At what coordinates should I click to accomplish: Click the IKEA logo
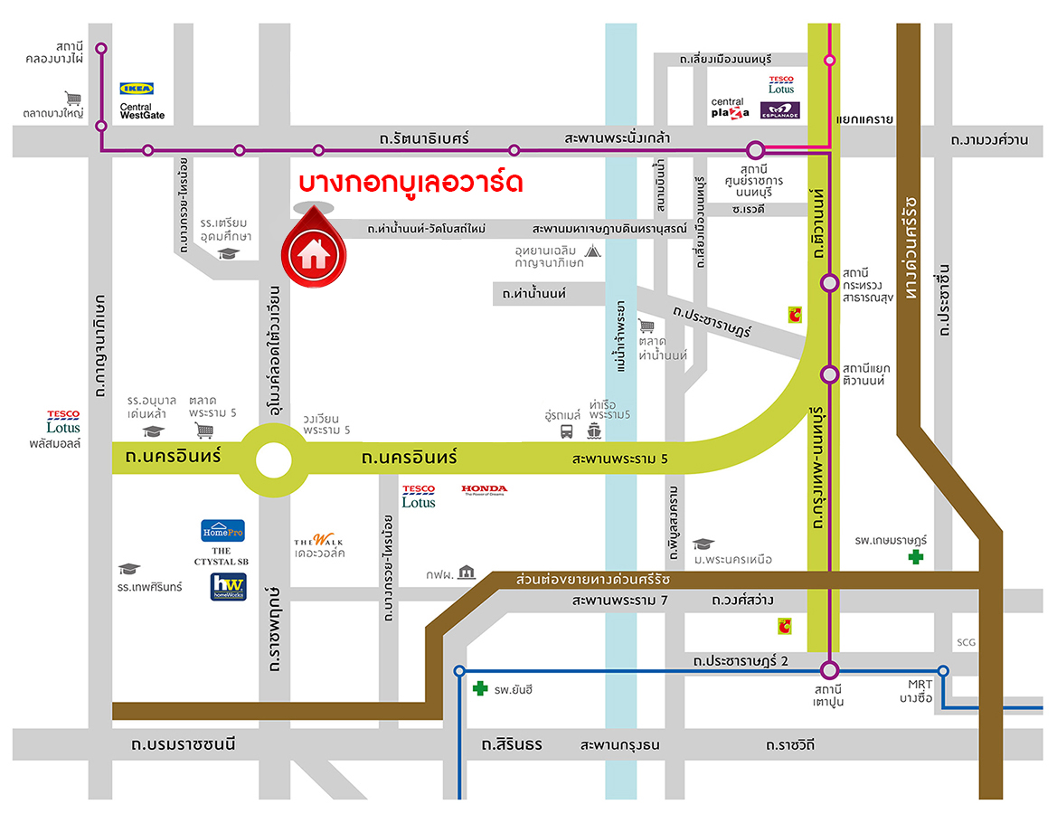[x=137, y=89]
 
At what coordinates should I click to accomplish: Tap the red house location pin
[x=313, y=250]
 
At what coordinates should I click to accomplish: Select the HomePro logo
[x=222, y=531]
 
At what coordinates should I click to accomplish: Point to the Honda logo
[x=485, y=490]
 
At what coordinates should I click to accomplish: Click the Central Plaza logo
[x=729, y=109]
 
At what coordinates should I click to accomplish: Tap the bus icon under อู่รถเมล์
[x=566, y=431]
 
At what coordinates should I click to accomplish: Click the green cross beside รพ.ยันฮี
[x=480, y=689]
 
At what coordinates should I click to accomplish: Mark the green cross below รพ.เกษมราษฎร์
[x=917, y=558]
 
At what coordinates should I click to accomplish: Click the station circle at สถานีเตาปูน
[x=830, y=670]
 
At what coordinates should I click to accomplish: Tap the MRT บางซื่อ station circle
[x=943, y=671]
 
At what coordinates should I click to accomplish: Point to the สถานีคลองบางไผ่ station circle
[x=101, y=48]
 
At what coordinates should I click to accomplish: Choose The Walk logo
[x=318, y=542]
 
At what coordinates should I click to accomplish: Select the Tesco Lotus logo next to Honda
[x=419, y=496]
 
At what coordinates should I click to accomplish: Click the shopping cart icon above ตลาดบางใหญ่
[x=72, y=98]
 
